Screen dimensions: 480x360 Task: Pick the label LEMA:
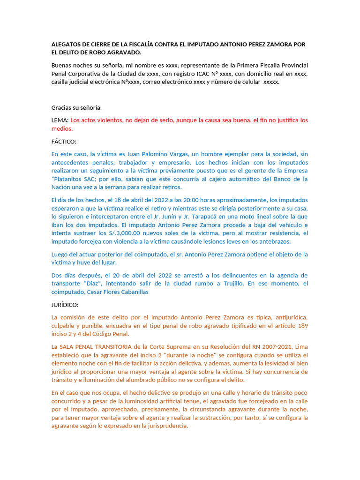(60, 120)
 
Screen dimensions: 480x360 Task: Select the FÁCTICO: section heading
(64, 141)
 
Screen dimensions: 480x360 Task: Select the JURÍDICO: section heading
(65, 304)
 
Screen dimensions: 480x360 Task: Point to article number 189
(303, 325)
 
